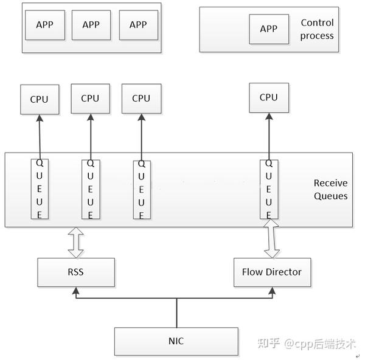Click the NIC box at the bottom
(176, 341)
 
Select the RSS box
(76, 272)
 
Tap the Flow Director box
(271, 272)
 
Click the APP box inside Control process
(269, 29)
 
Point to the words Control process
(317, 29)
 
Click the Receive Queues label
(330, 189)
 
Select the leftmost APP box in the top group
(44, 25)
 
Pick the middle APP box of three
(91, 25)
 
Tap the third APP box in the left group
(138, 25)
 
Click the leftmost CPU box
(40, 99)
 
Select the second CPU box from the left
(90, 98)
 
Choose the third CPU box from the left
(141, 98)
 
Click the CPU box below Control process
(268, 97)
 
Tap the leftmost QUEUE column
(40, 189)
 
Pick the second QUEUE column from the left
(90, 189)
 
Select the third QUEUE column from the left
(141, 189)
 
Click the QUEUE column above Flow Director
(268, 189)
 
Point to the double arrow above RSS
(76, 242)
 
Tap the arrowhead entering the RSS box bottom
(76, 291)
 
